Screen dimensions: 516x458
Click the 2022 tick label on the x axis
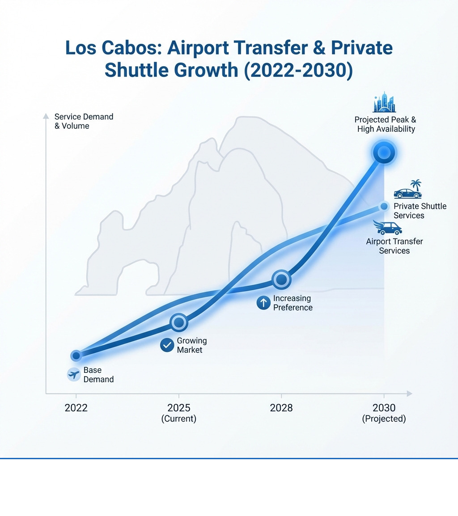(x=76, y=408)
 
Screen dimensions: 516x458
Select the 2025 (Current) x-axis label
(x=178, y=413)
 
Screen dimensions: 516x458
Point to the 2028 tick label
(x=281, y=408)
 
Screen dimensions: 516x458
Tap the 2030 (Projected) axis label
(x=384, y=413)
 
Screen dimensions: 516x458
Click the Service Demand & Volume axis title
(x=84, y=121)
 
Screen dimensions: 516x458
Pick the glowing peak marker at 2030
(x=384, y=153)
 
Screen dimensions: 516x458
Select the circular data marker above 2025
(x=178, y=322)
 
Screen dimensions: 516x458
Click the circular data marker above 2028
(x=281, y=280)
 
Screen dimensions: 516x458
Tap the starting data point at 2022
(x=76, y=355)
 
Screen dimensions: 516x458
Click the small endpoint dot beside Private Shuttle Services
(x=383, y=206)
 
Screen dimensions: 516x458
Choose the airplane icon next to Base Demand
(x=73, y=374)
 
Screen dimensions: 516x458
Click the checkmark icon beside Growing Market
(x=167, y=345)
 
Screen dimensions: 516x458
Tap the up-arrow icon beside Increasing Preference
(x=263, y=303)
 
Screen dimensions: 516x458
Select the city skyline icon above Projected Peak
(x=385, y=102)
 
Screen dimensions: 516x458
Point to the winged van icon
(x=387, y=228)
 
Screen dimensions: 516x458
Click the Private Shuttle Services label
(x=420, y=211)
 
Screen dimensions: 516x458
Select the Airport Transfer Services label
(x=394, y=246)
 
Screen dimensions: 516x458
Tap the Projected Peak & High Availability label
(x=385, y=124)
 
